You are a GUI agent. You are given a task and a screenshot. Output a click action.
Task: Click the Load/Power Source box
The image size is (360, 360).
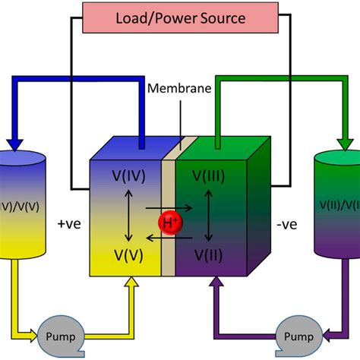coord(179,16)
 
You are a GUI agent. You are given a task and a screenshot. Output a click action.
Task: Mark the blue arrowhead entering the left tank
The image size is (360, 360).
coord(16,142)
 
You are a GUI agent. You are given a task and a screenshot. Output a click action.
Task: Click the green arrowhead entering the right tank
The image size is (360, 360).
coord(344,142)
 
